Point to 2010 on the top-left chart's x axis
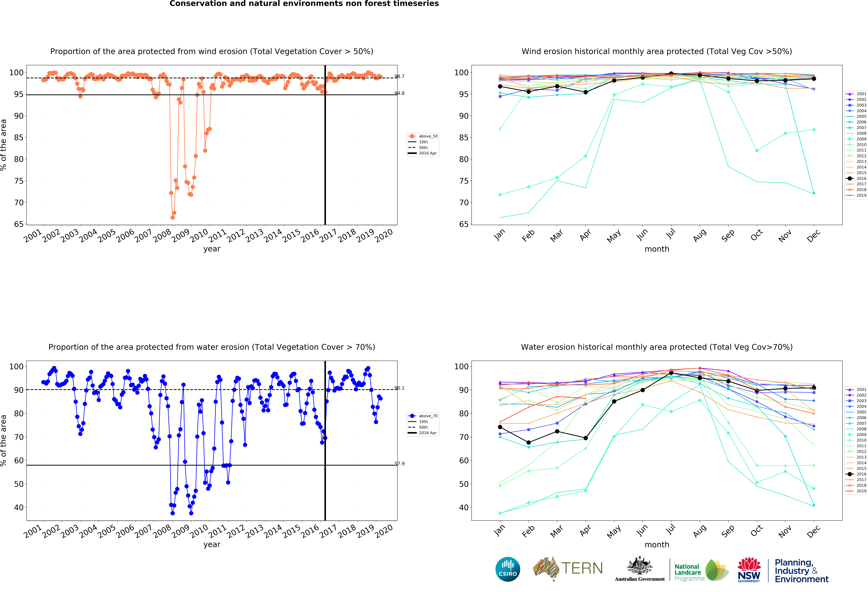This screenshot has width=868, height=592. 199,235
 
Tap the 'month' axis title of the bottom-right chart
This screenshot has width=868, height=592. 657,545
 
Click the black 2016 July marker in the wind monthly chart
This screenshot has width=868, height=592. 671,74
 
